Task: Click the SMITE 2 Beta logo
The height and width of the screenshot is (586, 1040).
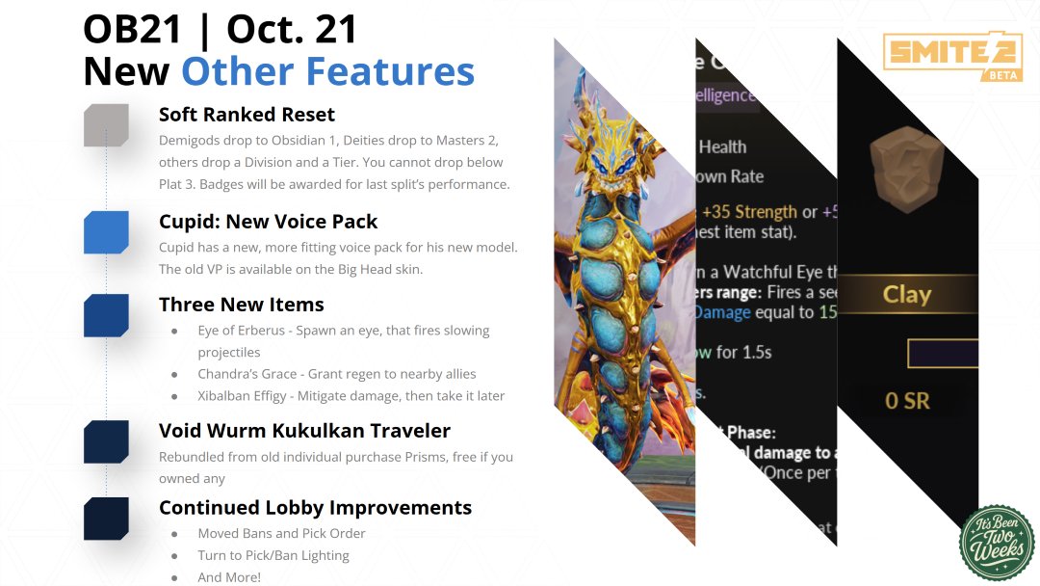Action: click(x=939, y=56)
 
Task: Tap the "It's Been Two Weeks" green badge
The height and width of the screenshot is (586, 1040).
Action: click(x=997, y=543)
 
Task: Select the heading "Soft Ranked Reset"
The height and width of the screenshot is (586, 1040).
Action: click(x=247, y=115)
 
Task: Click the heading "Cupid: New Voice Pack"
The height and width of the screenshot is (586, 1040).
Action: click(x=269, y=222)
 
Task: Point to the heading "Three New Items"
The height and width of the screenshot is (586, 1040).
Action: click(x=241, y=305)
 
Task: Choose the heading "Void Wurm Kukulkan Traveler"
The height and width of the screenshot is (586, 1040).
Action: click(x=304, y=430)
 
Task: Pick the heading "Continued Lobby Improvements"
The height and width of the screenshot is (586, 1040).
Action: click(x=315, y=507)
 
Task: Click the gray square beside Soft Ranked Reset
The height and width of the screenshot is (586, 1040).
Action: click(x=106, y=125)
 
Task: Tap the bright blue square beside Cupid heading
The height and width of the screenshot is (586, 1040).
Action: click(x=106, y=232)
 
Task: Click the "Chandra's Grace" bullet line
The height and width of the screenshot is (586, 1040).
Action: click(x=336, y=373)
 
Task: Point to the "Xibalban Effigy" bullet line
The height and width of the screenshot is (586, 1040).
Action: click(x=351, y=395)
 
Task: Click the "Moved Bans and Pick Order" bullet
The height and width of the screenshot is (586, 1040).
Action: click(x=281, y=533)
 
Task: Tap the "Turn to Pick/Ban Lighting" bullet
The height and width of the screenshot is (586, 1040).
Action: click(x=273, y=555)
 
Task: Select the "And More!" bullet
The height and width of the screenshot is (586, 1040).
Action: click(x=229, y=577)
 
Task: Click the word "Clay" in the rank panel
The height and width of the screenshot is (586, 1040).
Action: click(x=906, y=294)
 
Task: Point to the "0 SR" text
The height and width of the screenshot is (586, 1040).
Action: click(x=907, y=399)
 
